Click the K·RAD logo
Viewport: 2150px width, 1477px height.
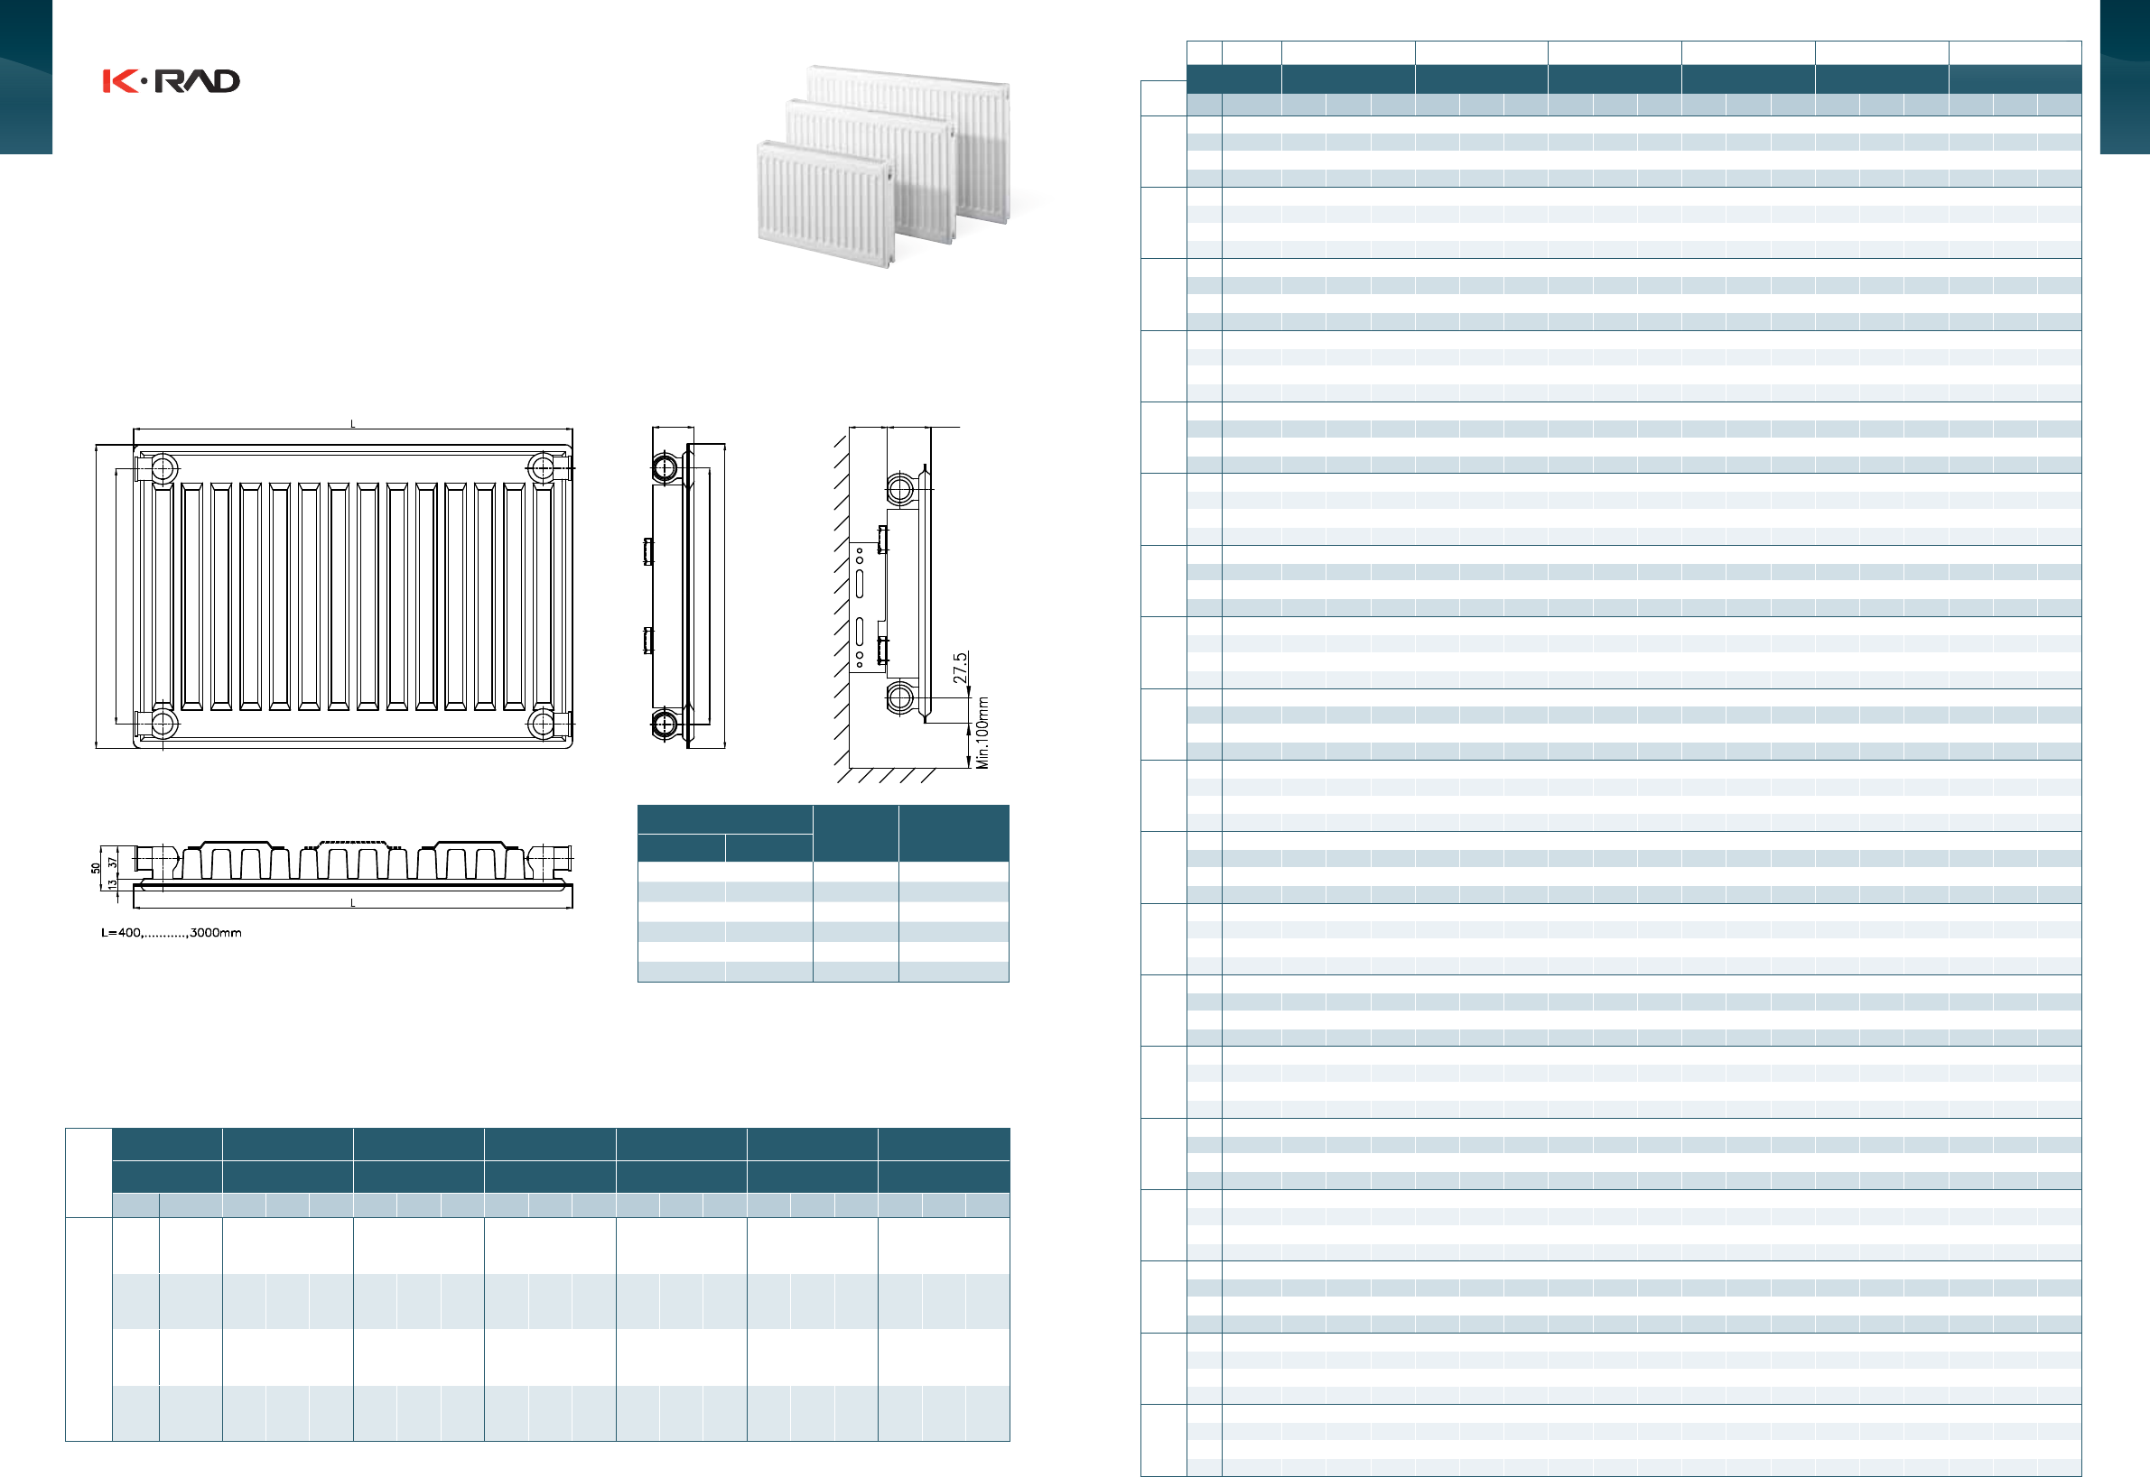point(172,81)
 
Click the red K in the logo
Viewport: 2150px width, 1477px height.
point(119,81)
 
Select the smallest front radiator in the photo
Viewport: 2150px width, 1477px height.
point(824,205)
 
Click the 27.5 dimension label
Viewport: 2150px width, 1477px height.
point(960,668)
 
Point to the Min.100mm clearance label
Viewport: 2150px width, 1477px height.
point(982,733)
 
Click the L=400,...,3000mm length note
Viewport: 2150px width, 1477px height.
point(172,933)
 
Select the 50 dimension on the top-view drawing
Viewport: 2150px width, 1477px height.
point(96,868)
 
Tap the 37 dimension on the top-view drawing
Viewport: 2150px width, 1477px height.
point(112,862)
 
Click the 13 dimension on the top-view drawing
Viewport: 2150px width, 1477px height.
point(112,884)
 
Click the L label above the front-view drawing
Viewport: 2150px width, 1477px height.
point(353,424)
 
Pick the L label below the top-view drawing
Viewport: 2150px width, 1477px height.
point(353,903)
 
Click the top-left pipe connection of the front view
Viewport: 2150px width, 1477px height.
point(163,469)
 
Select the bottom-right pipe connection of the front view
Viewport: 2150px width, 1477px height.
point(542,723)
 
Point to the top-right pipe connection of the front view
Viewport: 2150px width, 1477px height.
point(542,469)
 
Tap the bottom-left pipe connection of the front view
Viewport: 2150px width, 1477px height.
point(163,723)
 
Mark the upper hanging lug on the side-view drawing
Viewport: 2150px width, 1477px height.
point(648,551)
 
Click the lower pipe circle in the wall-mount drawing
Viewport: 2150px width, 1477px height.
point(900,697)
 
